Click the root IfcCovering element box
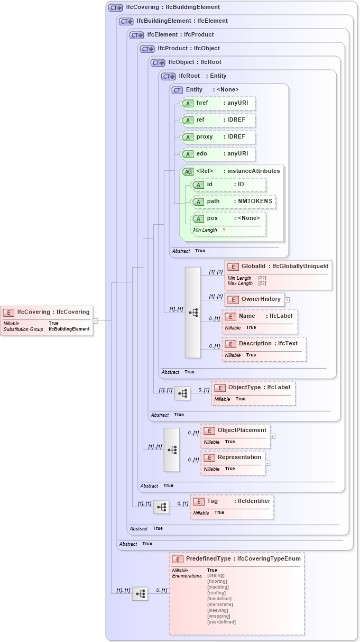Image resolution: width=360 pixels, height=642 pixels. click(47, 320)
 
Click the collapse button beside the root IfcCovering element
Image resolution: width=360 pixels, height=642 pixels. click(95, 320)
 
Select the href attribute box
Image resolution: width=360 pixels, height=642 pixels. click(218, 103)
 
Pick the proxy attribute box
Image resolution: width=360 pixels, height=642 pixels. click(218, 137)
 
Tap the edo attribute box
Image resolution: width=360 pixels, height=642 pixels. click(218, 154)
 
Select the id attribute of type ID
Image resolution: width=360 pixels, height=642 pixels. click(228, 185)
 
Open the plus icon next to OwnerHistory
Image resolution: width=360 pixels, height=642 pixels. click(287, 299)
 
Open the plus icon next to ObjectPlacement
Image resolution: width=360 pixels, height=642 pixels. click(273, 436)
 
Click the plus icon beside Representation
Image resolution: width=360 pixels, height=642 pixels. click(267, 463)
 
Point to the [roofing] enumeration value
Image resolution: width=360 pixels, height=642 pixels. click(216, 593)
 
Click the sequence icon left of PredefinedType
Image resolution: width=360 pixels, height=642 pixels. click(140, 594)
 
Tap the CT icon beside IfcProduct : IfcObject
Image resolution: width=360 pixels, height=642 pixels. click(147, 49)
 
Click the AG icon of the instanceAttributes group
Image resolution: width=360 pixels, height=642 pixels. click(188, 171)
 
